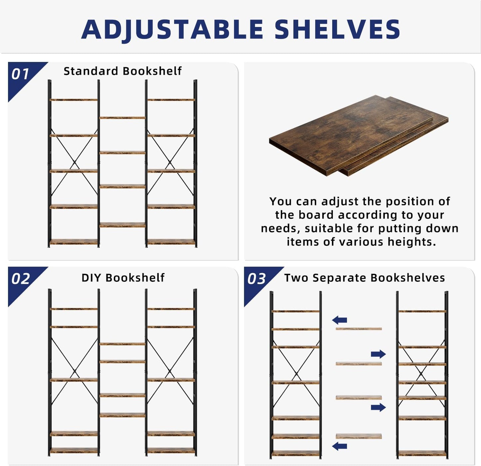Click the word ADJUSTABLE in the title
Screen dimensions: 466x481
(x=172, y=29)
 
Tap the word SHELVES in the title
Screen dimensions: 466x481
(x=337, y=29)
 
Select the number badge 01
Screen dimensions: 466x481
(x=20, y=74)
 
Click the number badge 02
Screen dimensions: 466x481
(x=21, y=279)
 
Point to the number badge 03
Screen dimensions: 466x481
(x=257, y=279)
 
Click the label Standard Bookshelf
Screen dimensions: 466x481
(x=122, y=71)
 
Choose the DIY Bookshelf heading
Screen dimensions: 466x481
(x=123, y=277)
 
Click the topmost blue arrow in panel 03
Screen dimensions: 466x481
(x=340, y=320)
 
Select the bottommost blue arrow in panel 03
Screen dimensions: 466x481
(x=340, y=446)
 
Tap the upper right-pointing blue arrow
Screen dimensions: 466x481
(x=378, y=354)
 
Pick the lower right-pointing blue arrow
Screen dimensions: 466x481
(x=378, y=407)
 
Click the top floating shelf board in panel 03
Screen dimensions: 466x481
(x=359, y=329)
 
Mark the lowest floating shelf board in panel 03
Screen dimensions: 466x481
(x=359, y=436)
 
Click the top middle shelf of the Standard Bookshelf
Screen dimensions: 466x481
(x=122, y=118)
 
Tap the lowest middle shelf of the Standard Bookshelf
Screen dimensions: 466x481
(x=122, y=225)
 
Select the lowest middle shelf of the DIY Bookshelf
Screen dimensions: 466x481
(x=122, y=415)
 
